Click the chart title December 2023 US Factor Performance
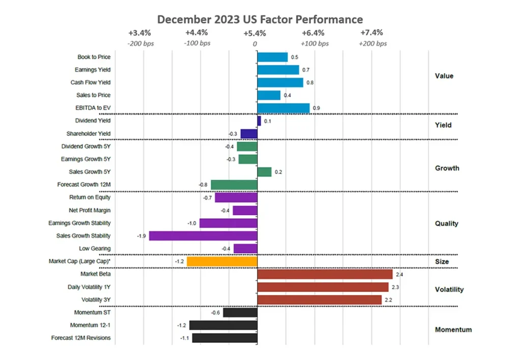[260, 19]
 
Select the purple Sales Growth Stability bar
[203, 236]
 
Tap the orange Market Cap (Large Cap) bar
[222, 261]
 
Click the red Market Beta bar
[325, 275]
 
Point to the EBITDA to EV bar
[283, 108]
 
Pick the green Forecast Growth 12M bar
[234, 185]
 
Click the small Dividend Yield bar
[259, 121]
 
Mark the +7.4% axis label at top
[372, 33]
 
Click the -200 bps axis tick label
[140, 44]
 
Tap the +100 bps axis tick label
[314, 44]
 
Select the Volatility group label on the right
[449, 290]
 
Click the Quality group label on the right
[447, 223]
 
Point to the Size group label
[442, 262]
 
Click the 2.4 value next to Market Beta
[400, 275]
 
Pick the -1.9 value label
[142, 236]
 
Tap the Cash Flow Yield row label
[91, 82]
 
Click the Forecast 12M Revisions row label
[81, 338]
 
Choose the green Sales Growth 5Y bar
[265, 172]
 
